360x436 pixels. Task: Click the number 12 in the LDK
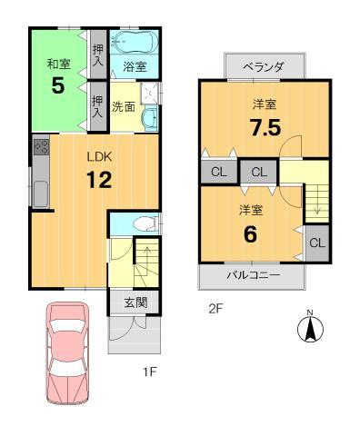(x=99, y=180)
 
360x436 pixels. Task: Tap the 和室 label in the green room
(x=59, y=64)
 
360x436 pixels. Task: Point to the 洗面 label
(x=124, y=106)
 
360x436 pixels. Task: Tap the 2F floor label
(x=215, y=307)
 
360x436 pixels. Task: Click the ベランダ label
(x=265, y=67)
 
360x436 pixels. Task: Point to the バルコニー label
(x=254, y=275)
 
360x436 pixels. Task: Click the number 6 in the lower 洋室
(x=250, y=233)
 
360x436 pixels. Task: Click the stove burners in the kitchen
(x=41, y=147)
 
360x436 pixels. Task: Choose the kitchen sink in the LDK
(x=40, y=193)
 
